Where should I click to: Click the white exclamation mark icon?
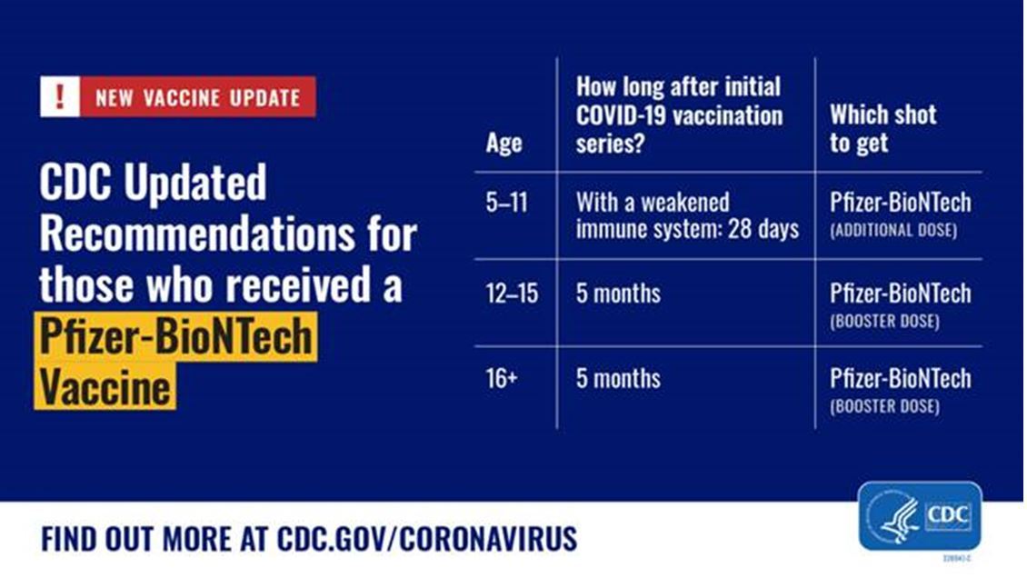(x=60, y=97)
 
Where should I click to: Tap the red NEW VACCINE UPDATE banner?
(x=197, y=97)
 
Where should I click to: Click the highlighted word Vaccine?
(x=105, y=388)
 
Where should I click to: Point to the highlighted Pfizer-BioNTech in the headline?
(x=175, y=337)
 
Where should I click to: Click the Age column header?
(x=504, y=144)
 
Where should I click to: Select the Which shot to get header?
(x=870, y=129)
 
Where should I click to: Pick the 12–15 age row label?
(x=513, y=294)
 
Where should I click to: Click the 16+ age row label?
(x=502, y=378)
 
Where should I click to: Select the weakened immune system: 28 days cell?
(x=687, y=215)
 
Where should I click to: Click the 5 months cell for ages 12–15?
(x=618, y=294)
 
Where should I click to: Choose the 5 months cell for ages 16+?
(x=618, y=378)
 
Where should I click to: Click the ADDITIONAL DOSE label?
(x=892, y=231)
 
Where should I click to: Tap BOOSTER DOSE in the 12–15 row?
(x=884, y=321)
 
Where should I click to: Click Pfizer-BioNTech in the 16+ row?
(x=900, y=378)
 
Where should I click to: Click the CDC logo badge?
(x=919, y=516)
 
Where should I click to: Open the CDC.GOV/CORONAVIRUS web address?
(x=427, y=538)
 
